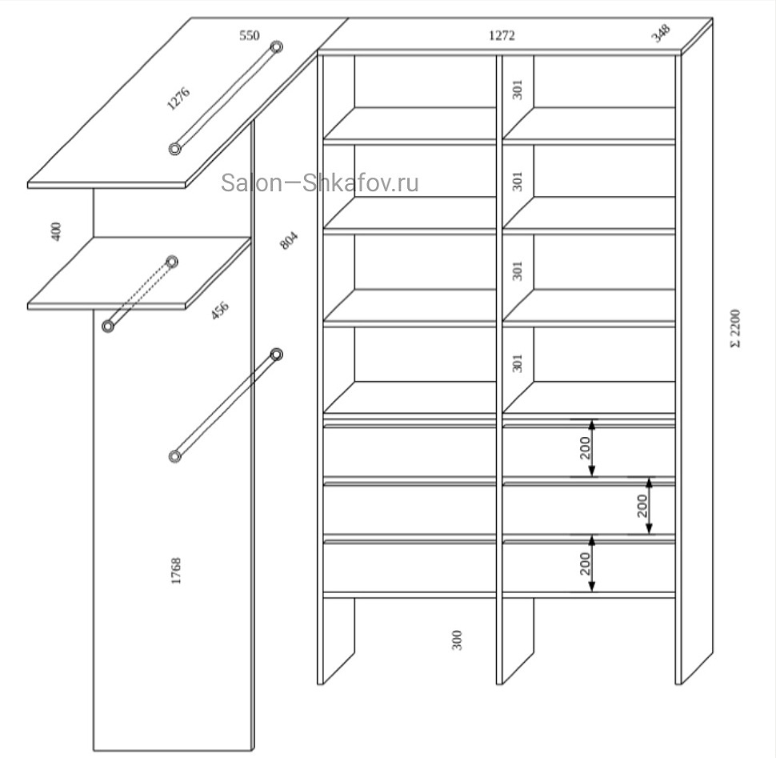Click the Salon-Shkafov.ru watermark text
pyautogui.click(x=320, y=182)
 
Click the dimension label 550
pyautogui.click(x=250, y=36)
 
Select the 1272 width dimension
pyautogui.click(x=502, y=36)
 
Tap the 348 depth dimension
pyautogui.click(x=661, y=33)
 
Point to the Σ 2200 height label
pyautogui.click(x=735, y=328)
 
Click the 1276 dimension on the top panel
pyautogui.click(x=178, y=98)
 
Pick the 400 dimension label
pyautogui.click(x=56, y=231)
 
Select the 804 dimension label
pyautogui.click(x=289, y=241)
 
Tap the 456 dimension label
pyautogui.click(x=220, y=310)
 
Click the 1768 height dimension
pyautogui.click(x=176, y=571)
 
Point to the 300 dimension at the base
pyautogui.click(x=457, y=640)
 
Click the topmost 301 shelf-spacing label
pyautogui.click(x=517, y=90)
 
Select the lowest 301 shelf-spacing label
pyautogui.click(x=517, y=363)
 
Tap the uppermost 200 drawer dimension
pyautogui.click(x=586, y=447)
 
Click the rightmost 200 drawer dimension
pyautogui.click(x=642, y=506)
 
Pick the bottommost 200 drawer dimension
pyautogui.click(x=586, y=563)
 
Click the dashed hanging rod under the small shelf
pyautogui.click(x=140, y=294)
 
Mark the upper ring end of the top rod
pyautogui.click(x=277, y=47)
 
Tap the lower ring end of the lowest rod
pyautogui.click(x=174, y=456)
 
